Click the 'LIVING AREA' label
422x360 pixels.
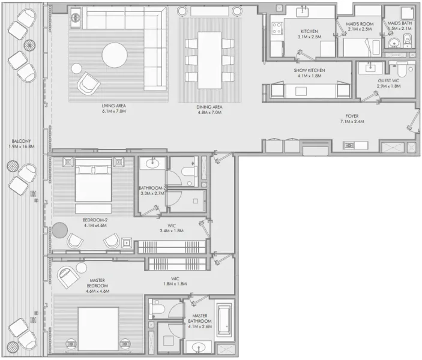pos(113,106)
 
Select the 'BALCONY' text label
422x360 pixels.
pos(20,142)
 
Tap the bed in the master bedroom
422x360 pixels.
pos(97,328)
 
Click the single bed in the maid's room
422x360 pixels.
pos(360,46)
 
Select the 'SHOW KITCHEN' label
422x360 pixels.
pos(309,70)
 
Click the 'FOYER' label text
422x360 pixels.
pos(352,115)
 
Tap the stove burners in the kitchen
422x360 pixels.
pos(277,27)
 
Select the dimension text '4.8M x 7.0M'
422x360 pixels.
pos(209,112)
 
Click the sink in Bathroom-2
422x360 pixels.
pos(153,163)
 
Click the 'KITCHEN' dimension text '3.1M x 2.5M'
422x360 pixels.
pos(309,37)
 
